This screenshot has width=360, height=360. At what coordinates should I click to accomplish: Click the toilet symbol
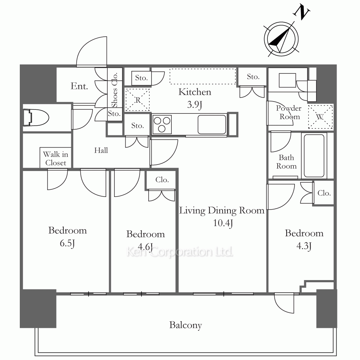[36, 118]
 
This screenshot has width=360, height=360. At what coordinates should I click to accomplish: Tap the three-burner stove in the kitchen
[162, 125]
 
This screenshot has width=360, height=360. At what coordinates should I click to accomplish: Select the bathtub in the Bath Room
[314, 156]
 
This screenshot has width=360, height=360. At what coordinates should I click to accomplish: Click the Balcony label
[185, 325]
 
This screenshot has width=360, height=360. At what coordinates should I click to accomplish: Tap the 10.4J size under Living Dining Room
[223, 223]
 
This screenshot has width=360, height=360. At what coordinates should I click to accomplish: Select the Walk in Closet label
[55, 158]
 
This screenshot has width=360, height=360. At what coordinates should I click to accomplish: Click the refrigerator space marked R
[138, 100]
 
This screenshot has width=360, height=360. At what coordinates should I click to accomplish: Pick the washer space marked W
[320, 117]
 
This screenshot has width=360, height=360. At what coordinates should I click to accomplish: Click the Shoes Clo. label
[114, 90]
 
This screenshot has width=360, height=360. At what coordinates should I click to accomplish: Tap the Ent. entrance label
[79, 86]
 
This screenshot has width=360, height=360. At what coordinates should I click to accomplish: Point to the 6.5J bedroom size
[67, 243]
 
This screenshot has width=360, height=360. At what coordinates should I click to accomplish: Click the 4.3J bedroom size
[304, 246]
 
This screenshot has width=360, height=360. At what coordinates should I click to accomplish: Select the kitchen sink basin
[212, 125]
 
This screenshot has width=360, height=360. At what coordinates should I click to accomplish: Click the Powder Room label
[289, 112]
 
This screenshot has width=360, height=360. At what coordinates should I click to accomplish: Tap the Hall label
[101, 150]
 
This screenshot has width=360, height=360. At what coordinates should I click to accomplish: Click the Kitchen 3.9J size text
[194, 104]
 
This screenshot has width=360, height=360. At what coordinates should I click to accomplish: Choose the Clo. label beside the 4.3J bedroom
[324, 193]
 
